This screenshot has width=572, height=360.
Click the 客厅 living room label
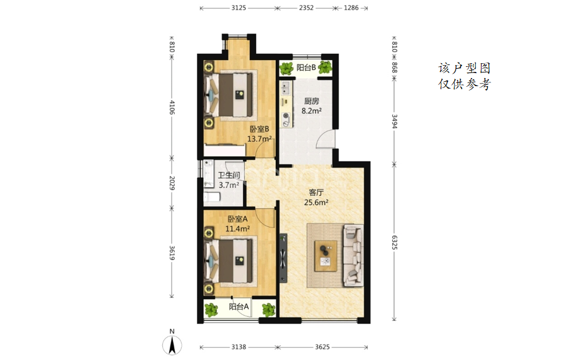click(x=316, y=192)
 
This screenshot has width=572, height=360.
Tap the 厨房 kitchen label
click(x=312, y=101)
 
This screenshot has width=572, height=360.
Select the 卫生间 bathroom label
click(x=229, y=175)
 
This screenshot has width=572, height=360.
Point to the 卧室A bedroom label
click(x=237, y=219)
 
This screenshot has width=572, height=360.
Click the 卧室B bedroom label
click(x=260, y=129)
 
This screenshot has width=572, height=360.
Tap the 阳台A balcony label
click(x=239, y=307)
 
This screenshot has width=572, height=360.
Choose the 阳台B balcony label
click(x=306, y=68)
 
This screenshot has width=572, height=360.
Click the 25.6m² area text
click(x=316, y=202)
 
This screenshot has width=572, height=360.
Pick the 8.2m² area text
click(x=312, y=110)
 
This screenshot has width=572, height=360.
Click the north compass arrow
click(x=172, y=345)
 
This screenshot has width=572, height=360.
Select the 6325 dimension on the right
click(x=394, y=242)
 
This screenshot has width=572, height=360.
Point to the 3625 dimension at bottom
click(x=322, y=347)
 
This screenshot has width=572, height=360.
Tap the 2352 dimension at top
click(x=306, y=7)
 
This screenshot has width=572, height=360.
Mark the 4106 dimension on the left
click(x=172, y=108)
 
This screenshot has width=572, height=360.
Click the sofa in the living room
click(x=353, y=255)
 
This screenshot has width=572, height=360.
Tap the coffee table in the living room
click(x=326, y=256)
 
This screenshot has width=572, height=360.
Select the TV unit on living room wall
click(x=283, y=258)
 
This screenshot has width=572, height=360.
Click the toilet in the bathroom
click(x=211, y=197)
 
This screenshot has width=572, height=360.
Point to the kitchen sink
click(x=286, y=87)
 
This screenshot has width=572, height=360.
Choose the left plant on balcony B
click(x=287, y=68)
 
